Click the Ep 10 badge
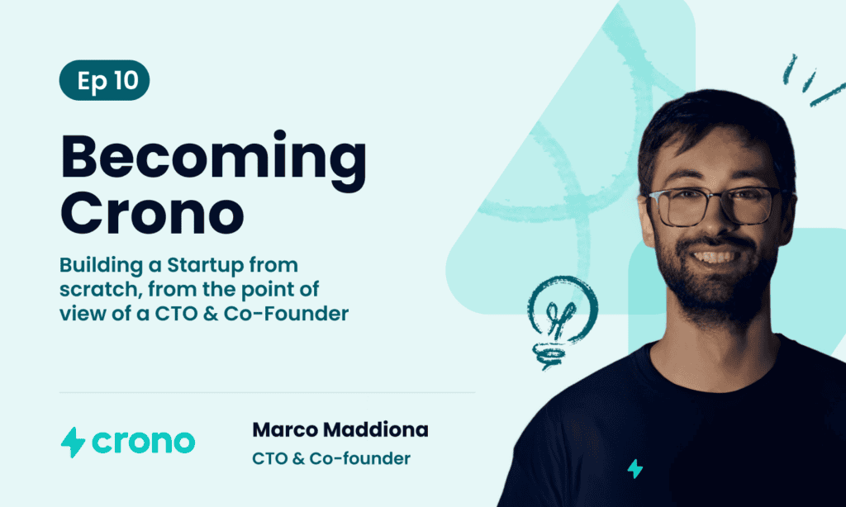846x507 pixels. click(104, 80)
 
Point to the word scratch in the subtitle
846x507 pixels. click(100, 289)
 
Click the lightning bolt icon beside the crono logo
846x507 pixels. click(73, 443)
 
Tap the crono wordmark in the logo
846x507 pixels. click(144, 443)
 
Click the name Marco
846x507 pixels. click(285, 430)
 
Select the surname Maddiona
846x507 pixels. click(376, 430)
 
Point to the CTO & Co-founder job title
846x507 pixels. click(331, 458)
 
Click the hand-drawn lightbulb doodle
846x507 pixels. click(561, 321)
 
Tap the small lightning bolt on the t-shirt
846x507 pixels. click(635, 469)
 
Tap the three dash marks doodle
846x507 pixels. click(813, 80)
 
